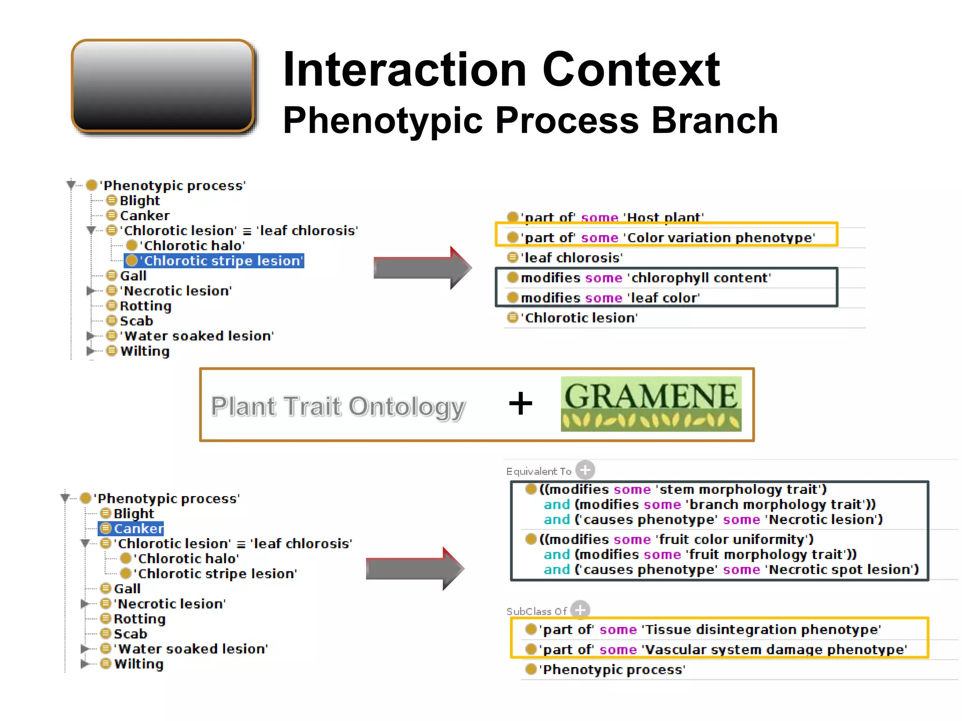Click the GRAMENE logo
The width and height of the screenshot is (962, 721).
point(651,404)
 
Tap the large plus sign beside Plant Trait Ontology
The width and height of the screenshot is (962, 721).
point(520,404)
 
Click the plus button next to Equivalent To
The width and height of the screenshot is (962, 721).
point(585,470)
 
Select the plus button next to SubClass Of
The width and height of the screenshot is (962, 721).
point(581,610)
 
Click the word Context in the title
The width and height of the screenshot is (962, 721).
point(630,70)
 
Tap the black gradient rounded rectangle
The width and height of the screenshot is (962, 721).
point(163,86)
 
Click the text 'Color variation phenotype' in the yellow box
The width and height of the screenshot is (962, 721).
point(719,238)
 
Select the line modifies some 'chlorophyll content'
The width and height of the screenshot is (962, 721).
point(645,278)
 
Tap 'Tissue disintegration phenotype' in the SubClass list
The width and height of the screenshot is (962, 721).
point(761,629)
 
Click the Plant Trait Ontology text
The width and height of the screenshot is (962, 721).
point(338,407)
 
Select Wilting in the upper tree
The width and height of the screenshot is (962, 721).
point(144,352)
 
